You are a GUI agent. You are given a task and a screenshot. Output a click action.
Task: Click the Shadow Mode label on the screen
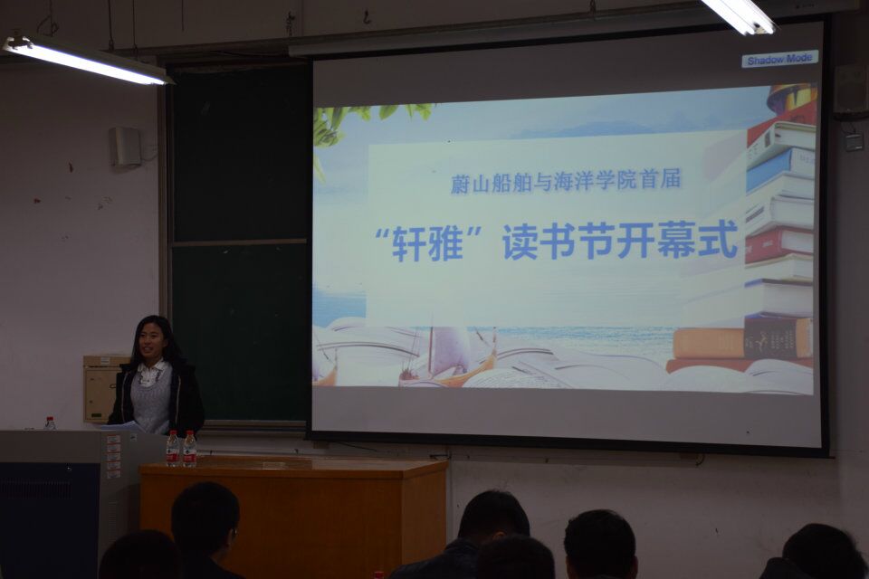(779, 60)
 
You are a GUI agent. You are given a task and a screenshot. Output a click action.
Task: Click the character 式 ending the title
(718, 240)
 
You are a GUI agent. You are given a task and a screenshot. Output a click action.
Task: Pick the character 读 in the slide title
(520, 242)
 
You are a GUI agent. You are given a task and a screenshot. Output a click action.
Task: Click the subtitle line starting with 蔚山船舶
(565, 181)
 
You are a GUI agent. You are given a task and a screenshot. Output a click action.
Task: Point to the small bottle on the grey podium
(50, 423)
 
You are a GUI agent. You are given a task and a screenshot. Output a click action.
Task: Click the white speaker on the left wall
(125, 147)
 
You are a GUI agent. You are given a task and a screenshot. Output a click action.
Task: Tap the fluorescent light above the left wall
(88, 59)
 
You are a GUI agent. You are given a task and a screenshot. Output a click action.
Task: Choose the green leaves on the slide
(360, 121)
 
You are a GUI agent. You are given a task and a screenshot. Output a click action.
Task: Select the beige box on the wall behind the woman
(104, 388)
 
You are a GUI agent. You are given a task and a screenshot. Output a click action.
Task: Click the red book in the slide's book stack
(778, 244)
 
